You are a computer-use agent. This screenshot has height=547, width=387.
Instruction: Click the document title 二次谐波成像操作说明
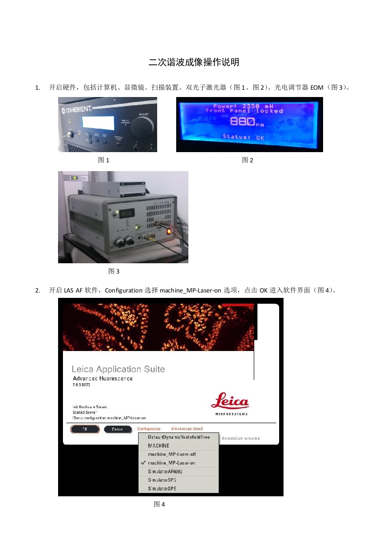(x=194, y=62)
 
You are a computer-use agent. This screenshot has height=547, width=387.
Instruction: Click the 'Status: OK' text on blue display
(x=243, y=137)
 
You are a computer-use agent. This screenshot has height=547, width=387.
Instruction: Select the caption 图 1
(x=103, y=160)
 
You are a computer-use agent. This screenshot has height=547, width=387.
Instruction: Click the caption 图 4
(x=160, y=504)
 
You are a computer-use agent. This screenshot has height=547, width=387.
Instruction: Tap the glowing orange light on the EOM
(x=169, y=231)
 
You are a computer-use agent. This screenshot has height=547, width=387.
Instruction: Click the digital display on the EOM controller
(x=127, y=213)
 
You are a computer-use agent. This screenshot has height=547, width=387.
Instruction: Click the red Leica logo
(x=229, y=403)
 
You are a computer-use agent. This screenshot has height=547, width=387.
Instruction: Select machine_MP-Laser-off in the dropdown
(x=169, y=454)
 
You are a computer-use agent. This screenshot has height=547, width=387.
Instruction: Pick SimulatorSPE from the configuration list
(x=162, y=488)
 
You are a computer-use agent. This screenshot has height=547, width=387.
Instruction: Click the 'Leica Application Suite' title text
(x=118, y=369)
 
